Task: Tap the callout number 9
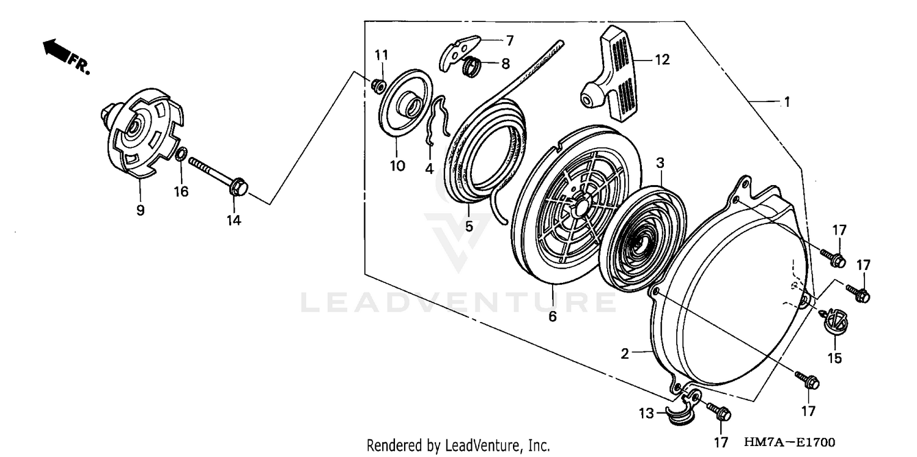tap(140, 210)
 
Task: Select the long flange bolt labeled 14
tap(218, 175)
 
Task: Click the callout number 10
tap(397, 166)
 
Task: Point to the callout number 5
tap(468, 226)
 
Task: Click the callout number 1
tap(787, 103)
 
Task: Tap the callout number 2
tap(625, 353)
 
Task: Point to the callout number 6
tap(553, 317)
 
